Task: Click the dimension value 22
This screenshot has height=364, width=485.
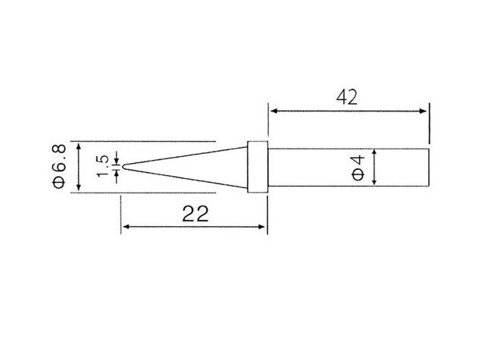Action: tap(196, 214)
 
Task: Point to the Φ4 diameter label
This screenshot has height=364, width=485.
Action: tap(358, 167)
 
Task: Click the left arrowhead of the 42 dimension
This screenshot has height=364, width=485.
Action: tap(273, 111)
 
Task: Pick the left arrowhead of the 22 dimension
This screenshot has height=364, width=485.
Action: tap(127, 226)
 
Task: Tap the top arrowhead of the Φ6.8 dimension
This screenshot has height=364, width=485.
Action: tap(78, 145)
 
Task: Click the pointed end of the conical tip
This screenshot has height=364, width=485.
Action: tap(123, 167)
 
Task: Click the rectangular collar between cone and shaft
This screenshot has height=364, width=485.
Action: tap(258, 167)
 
